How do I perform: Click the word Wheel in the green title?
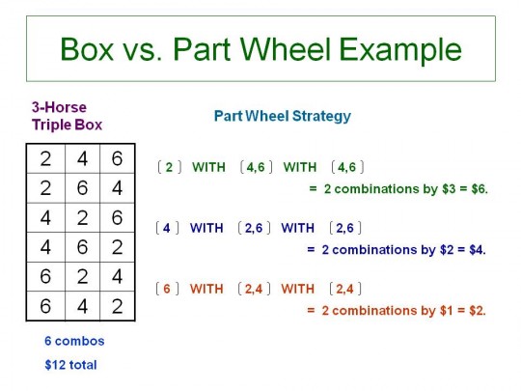[x=286, y=49]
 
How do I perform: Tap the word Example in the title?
[x=400, y=50]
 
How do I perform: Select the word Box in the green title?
[x=87, y=49]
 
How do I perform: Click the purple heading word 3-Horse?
[x=59, y=107]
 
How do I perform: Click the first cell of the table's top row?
[x=46, y=158]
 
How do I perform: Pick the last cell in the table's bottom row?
[x=117, y=306]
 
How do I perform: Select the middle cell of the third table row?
[x=82, y=217]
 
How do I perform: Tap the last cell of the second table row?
[x=117, y=188]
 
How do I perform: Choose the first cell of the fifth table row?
[x=46, y=276]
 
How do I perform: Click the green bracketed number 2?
[x=169, y=167]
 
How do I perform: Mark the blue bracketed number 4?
[x=167, y=228]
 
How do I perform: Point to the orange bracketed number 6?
[x=167, y=289]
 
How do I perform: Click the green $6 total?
[x=480, y=189]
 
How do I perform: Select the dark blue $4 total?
[x=478, y=250]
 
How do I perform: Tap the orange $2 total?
[x=478, y=311]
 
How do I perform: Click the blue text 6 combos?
[x=74, y=341]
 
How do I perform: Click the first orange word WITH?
[x=206, y=289]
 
